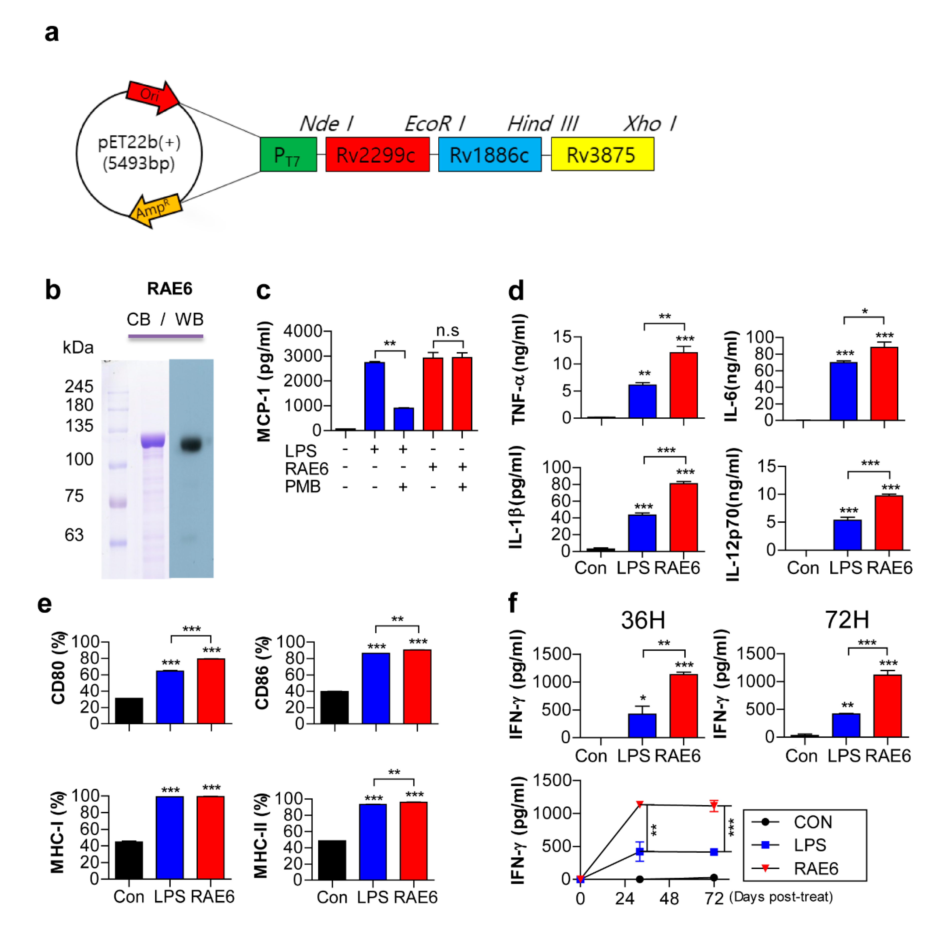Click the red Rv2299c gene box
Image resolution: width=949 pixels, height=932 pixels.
click(x=377, y=155)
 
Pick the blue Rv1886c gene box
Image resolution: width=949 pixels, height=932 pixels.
click(x=489, y=155)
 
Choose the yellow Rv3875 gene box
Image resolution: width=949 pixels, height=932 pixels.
click(x=602, y=155)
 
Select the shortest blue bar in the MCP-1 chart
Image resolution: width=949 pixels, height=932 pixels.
click(x=403, y=419)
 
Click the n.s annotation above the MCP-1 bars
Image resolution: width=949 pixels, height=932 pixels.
click(x=447, y=331)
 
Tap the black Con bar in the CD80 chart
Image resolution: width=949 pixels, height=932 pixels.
click(x=129, y=711)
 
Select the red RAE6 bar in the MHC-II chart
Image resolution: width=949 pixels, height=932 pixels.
click(x=413, y=841)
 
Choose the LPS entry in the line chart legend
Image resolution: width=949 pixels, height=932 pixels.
click(x=810, y=845)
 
